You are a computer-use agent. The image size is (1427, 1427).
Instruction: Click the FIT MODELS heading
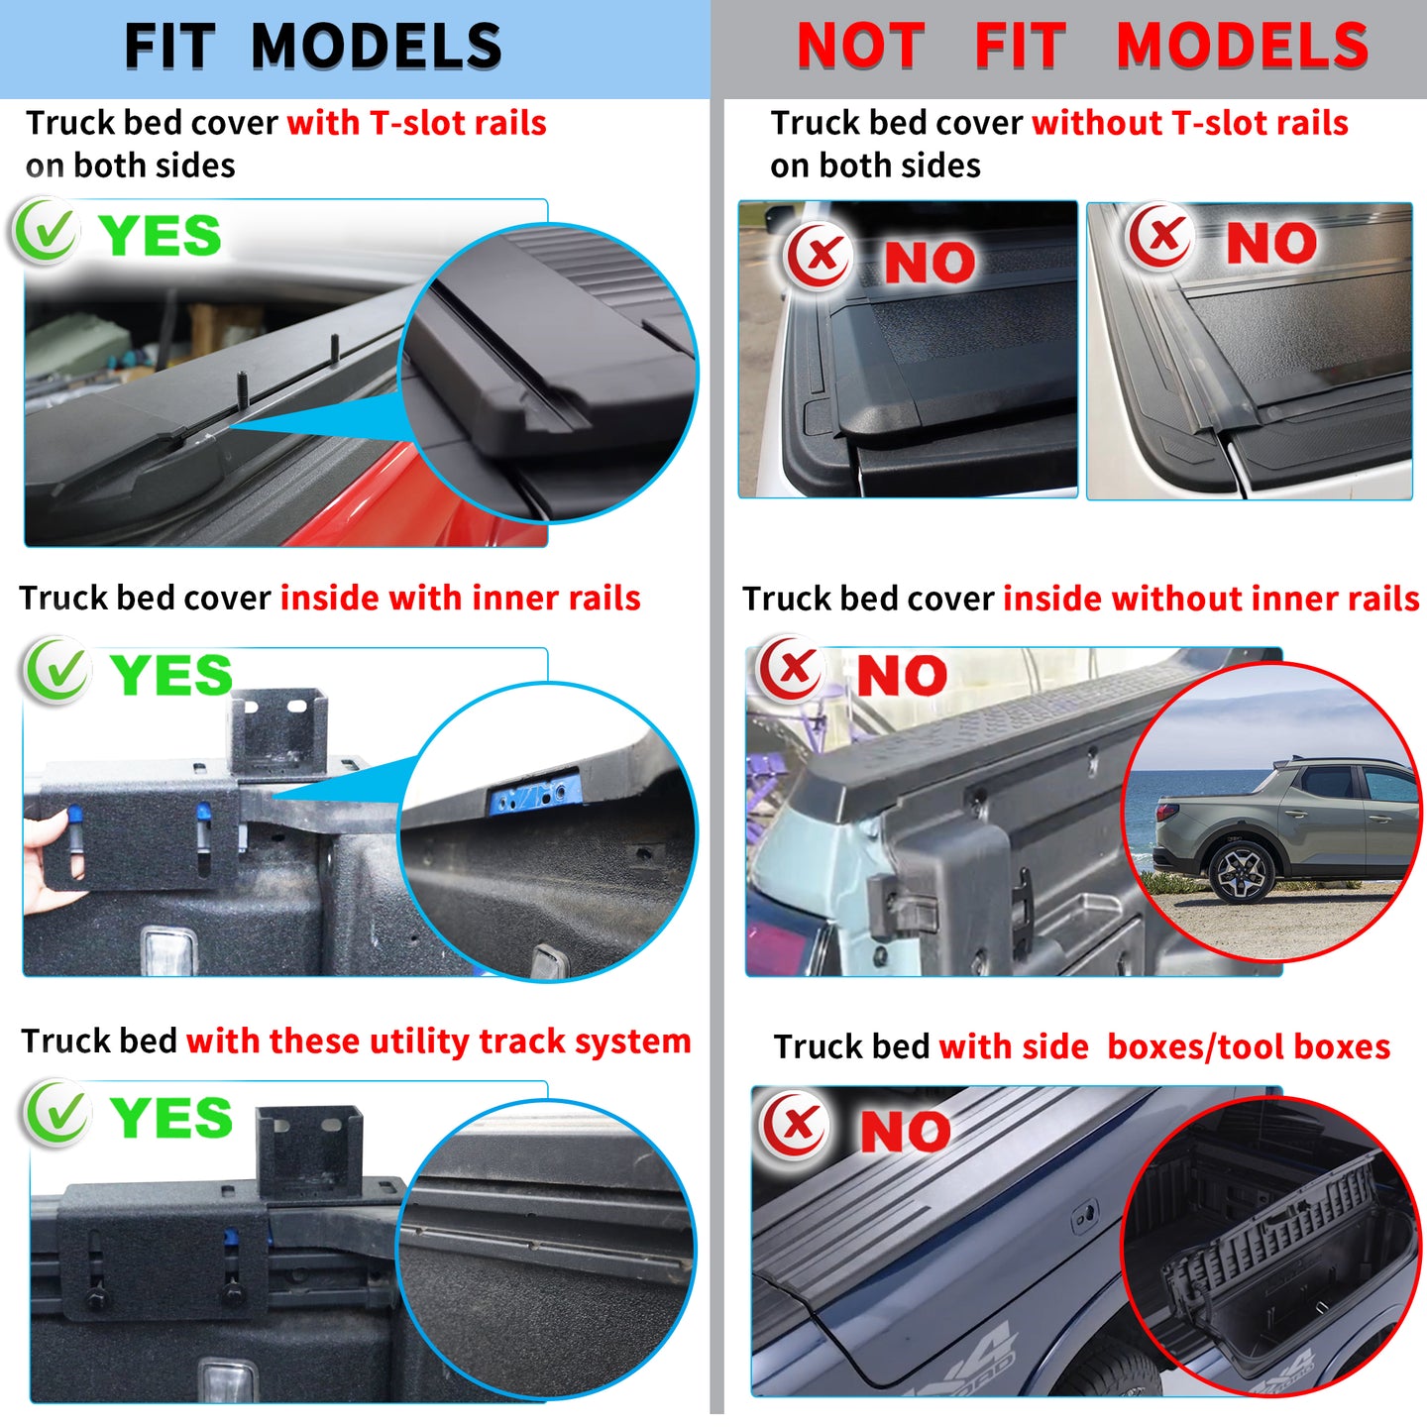point(312,46)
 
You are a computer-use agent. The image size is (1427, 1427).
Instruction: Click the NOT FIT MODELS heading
point(1082,46)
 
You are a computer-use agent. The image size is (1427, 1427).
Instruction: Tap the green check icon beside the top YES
point(47,231)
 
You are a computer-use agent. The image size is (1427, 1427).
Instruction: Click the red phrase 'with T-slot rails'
point(417,123)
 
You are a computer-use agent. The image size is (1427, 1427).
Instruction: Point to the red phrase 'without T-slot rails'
point(1190,123)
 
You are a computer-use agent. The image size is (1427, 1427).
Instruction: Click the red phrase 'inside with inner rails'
point(460,598)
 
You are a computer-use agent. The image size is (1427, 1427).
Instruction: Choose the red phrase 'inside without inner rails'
point(1212,599)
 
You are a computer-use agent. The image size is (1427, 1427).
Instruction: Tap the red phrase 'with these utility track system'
point(438,1042)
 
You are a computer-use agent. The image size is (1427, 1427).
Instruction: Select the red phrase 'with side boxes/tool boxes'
point(1164,1046)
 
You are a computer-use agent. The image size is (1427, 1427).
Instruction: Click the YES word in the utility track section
point(171,1117)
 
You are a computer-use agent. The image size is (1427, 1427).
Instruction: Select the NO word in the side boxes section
point(906,1131)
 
